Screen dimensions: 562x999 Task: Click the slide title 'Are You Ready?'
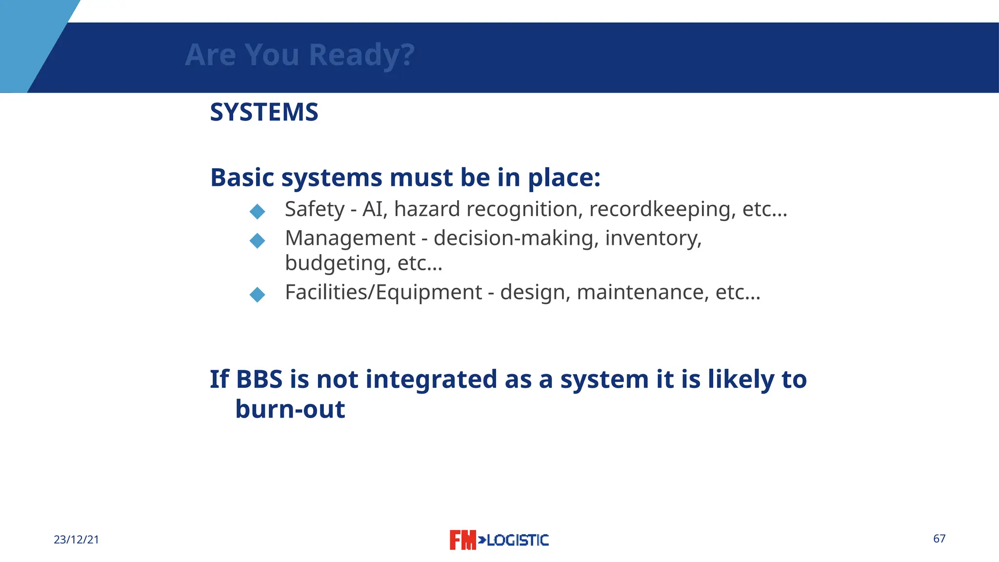300,55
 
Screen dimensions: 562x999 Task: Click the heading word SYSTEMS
264,112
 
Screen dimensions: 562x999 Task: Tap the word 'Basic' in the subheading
242,177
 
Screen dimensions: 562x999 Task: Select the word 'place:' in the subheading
564,178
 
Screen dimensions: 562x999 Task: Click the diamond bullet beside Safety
257,211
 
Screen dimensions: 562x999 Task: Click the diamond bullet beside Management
257,241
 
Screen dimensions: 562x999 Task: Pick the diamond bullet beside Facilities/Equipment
257,295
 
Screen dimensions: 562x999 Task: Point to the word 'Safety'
315,209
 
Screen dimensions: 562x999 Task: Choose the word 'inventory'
653,239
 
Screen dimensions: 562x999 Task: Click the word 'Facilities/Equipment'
383,293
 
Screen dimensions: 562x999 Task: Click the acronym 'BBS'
259,380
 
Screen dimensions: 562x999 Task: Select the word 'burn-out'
290,409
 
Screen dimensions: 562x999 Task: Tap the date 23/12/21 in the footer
76,540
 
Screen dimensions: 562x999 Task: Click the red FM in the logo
462,540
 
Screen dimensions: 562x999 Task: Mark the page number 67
939,539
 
